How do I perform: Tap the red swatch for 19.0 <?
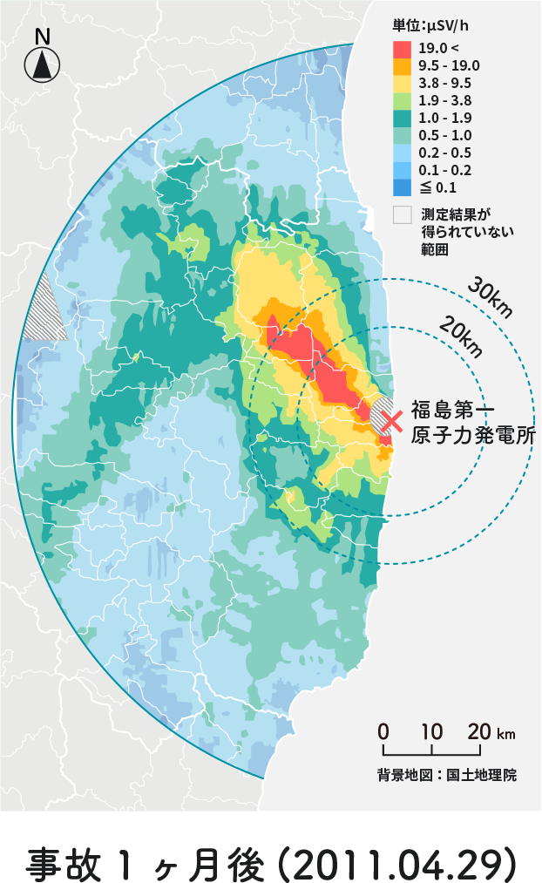click(403, 49)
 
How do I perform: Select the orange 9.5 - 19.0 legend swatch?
click(403, 65)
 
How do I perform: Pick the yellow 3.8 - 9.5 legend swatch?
click(403, 83)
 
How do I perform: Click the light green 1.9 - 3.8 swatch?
click(403, 100)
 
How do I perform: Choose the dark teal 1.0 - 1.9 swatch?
click(403, 118)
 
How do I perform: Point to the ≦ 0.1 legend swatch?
click(403, 187)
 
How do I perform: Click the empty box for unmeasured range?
click(403, 214)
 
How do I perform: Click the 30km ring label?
click(489, 298)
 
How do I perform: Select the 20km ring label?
click(461, 336)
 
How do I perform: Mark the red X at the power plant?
click(392, 420)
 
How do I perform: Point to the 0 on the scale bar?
click(383, 731)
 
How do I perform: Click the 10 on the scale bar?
click(431, 731)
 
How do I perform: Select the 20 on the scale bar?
click(478, 731)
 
